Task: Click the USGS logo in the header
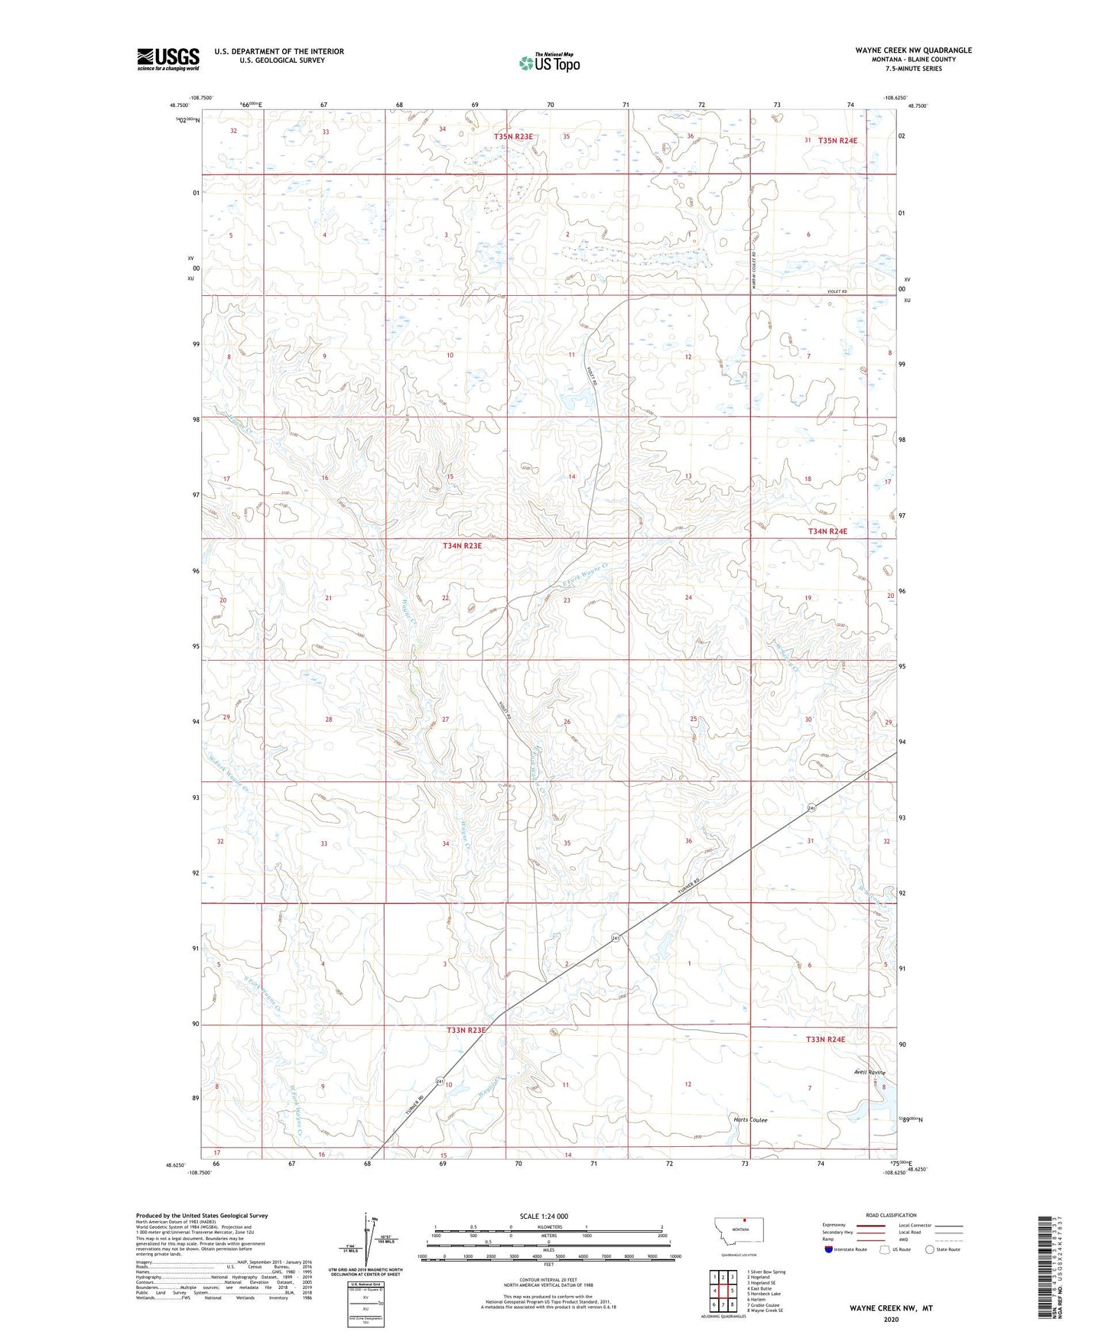coord(167,59)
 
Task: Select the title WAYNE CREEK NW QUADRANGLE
coord(913,50)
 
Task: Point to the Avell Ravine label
coord(869,1072)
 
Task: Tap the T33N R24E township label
coord(825,1039)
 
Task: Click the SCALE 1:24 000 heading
coord(544,1216)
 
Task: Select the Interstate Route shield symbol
coord(829,1249)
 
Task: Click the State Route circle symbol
coord(929,1249)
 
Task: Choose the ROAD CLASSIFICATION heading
coord(891,1215)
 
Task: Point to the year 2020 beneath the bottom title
coord(890,1319)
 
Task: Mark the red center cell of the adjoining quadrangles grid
coord(723,1290)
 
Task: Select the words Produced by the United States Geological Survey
coord(202,1215)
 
